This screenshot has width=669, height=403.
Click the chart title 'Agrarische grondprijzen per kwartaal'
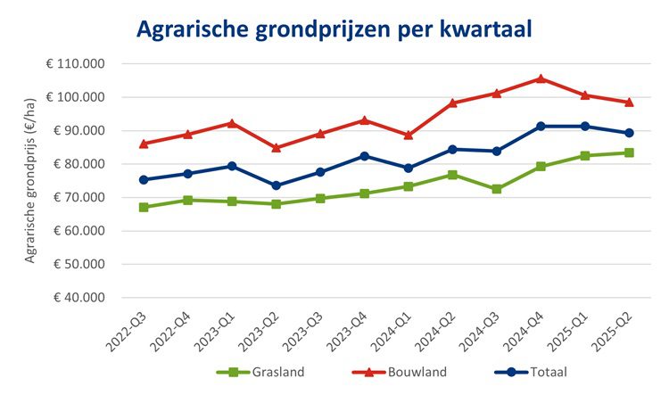tap(334, 29)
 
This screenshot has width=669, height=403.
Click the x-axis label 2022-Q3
tap(131, 333)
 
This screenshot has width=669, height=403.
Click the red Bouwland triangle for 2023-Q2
tap(277, 147)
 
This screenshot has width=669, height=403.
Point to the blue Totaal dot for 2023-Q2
tap(277, 185)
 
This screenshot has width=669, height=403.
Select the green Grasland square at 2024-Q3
tap(497, 189)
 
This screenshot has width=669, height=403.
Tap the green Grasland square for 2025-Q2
tap(629, 152)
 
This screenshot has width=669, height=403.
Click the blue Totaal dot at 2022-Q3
tap(144, 179)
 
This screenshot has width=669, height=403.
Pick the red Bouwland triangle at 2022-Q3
tap(144, 143)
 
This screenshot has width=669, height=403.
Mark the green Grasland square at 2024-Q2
tap(452, 175)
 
